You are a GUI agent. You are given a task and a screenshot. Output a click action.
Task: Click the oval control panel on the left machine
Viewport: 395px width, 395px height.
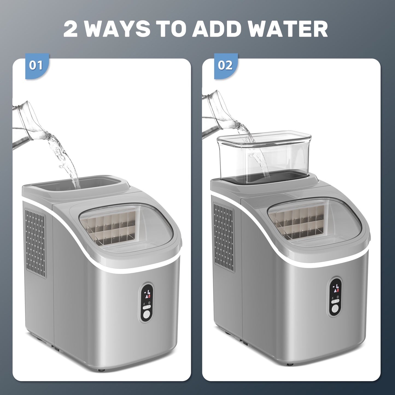147,305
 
